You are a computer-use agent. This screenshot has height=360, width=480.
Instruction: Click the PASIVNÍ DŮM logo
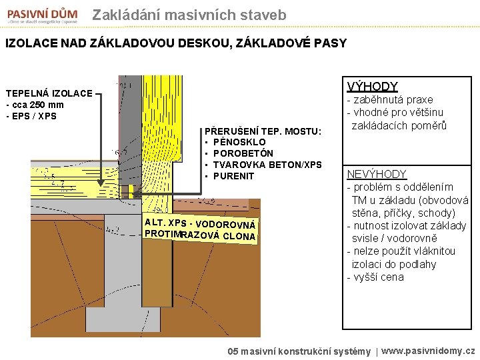[43, 15]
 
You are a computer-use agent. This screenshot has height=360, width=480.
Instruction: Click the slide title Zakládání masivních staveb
[189, 15]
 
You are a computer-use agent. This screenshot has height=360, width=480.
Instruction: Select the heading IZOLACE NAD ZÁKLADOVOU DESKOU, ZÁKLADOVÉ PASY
[176, 43]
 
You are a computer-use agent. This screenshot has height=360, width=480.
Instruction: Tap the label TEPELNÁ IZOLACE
[49, 93]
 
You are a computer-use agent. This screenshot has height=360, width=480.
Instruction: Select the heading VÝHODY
[373, 87]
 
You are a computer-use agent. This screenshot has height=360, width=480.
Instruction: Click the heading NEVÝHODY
[377, 174]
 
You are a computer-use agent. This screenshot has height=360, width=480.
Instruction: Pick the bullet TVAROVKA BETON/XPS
[267, 165]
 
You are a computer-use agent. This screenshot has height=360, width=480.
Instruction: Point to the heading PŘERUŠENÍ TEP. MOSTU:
[263, 131]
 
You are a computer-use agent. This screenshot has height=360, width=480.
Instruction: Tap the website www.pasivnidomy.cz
[429, 350]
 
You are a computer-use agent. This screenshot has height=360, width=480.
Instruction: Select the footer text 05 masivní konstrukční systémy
[299, 351]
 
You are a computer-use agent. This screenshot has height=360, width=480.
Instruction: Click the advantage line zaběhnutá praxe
[393, 100]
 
